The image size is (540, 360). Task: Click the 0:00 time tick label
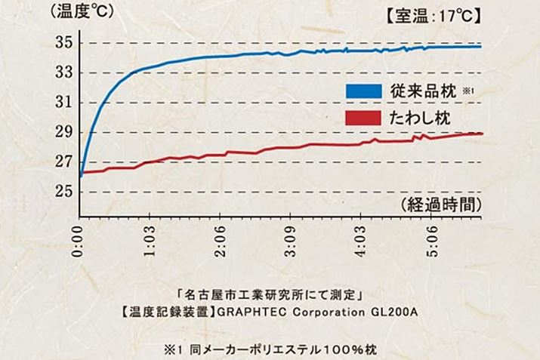click(80, 239)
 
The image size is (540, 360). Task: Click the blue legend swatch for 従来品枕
click(363, 91)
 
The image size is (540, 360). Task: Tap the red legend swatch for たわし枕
click(363, 118)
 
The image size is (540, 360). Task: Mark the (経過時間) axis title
click(439, 205)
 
